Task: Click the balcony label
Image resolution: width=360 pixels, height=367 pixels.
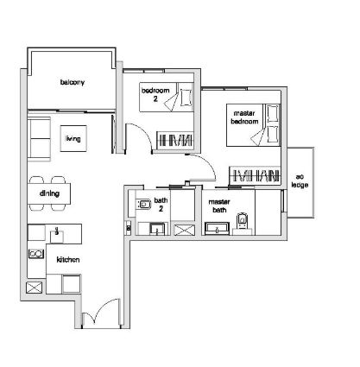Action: tap(73, 82)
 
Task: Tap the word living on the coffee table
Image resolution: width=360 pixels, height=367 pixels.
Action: tap(73, 139)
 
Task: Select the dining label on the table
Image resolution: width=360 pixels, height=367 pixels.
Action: tap(49, 193)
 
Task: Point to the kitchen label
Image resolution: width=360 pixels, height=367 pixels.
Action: tap(68, 260)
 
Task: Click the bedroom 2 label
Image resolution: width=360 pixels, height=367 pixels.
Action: tap(155, 95)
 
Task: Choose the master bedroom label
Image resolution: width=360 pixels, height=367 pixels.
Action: tap(244, 117)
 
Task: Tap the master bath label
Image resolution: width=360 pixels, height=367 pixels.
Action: tap(219, 206)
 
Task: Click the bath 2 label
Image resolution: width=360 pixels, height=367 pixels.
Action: tap(161, 205)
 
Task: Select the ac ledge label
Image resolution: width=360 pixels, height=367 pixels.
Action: tap(300, 180)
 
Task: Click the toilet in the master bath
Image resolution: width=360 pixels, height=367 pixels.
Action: tap(243, 221)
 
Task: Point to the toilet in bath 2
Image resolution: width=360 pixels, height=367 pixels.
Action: tap(144, 204)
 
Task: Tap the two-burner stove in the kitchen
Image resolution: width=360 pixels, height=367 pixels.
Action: tap(36, 254)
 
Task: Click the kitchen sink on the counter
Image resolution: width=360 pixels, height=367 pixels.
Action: tap(57, 235)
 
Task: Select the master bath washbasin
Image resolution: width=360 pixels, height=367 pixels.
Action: tap(217, 229)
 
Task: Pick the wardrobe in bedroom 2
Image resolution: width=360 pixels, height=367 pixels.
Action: tap(175, 140)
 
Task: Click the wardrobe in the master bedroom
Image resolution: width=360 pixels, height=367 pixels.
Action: tap(255, 175)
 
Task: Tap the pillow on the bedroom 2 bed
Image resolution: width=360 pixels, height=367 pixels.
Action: tap(186, 98)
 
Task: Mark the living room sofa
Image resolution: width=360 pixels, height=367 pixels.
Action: tap(39, 139)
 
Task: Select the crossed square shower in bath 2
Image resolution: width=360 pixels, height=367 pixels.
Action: tap(185, 230)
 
